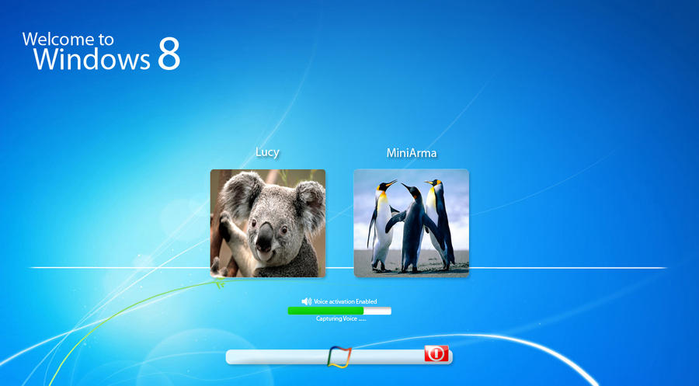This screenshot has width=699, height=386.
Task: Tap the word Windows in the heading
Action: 92,60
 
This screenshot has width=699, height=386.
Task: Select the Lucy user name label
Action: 267,153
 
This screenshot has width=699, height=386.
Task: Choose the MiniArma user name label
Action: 412,153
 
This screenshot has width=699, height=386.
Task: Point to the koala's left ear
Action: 235,191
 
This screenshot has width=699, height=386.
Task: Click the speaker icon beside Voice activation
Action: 306,301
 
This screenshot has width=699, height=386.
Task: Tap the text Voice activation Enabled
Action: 346,301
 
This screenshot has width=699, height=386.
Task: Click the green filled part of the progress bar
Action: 325,311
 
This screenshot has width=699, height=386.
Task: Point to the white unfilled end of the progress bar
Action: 378,311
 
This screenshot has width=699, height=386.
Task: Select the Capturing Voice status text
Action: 340,319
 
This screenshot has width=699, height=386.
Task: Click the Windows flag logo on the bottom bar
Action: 340,356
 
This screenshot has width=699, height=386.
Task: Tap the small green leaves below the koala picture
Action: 219,283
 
